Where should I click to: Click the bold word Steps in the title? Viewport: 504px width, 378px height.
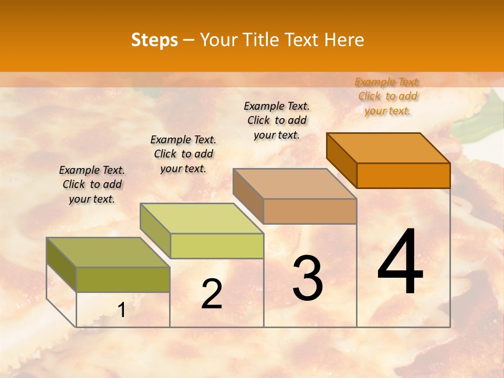click(154, 40)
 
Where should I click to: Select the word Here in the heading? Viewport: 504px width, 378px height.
click(344, 40)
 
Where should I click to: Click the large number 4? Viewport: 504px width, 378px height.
click(400, 262)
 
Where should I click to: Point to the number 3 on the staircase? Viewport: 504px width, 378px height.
click(307, 278)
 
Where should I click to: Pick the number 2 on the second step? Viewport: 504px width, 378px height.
click(212, 294)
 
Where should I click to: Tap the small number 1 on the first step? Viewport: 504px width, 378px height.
click(122, 310)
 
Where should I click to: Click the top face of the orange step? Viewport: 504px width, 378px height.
click(388, 148)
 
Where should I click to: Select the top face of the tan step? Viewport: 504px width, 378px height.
click(295, 184)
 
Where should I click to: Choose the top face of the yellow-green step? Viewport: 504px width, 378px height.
click(202, 218)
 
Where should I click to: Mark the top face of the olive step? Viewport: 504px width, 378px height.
click(108, 253)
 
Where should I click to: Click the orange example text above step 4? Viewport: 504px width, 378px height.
click(387, 96)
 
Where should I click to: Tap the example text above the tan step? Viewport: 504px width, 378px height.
click(277, 120)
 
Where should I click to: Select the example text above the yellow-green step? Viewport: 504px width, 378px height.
click(183, 154)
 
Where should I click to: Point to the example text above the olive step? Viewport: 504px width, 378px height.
click(92, 184)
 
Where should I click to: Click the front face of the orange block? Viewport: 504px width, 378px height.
click(403, 175)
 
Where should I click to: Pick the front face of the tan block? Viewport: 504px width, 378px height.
click(310, 211)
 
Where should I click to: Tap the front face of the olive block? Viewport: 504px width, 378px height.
click(123, 279)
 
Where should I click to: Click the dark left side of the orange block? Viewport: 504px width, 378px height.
click(341, 160)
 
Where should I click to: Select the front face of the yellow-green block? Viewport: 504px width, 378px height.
click(216, 246)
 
